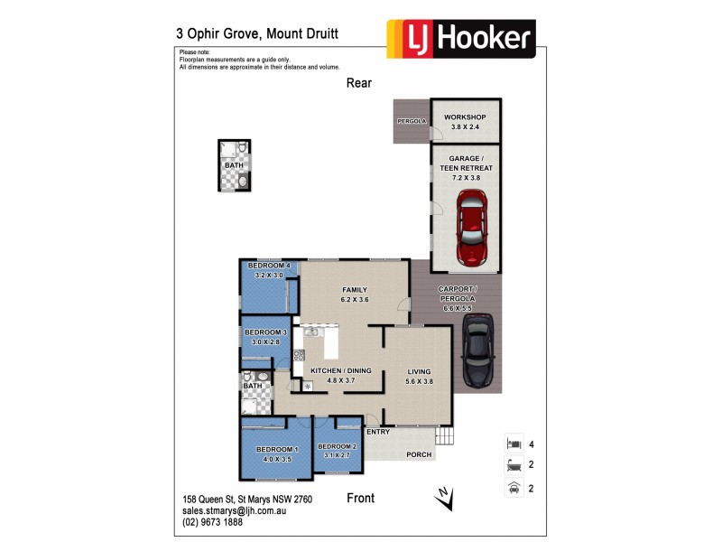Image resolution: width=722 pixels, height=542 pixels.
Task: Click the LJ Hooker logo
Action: click(460, 39)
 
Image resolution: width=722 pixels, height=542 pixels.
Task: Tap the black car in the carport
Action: click(477, 350)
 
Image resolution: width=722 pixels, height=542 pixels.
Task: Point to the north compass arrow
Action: click(442, 496)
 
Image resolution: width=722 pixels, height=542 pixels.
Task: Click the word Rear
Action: click(359, 83)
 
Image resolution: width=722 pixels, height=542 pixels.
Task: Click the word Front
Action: click(360, 498)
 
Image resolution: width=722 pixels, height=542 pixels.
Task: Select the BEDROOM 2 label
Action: click(338, 447)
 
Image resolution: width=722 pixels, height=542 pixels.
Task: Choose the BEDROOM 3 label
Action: click(265, 333)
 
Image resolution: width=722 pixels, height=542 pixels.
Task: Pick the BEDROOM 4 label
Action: click(269, 265)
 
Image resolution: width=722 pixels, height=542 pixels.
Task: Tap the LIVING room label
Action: click(420, 371)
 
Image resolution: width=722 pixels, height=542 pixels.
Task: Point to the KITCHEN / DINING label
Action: click(339, 371)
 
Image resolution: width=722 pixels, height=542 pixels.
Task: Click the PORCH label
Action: click(418, 454)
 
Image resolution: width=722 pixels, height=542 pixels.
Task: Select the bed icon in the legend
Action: click(513, 444)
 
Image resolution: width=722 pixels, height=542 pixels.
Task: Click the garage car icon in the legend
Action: click(513, 489)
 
